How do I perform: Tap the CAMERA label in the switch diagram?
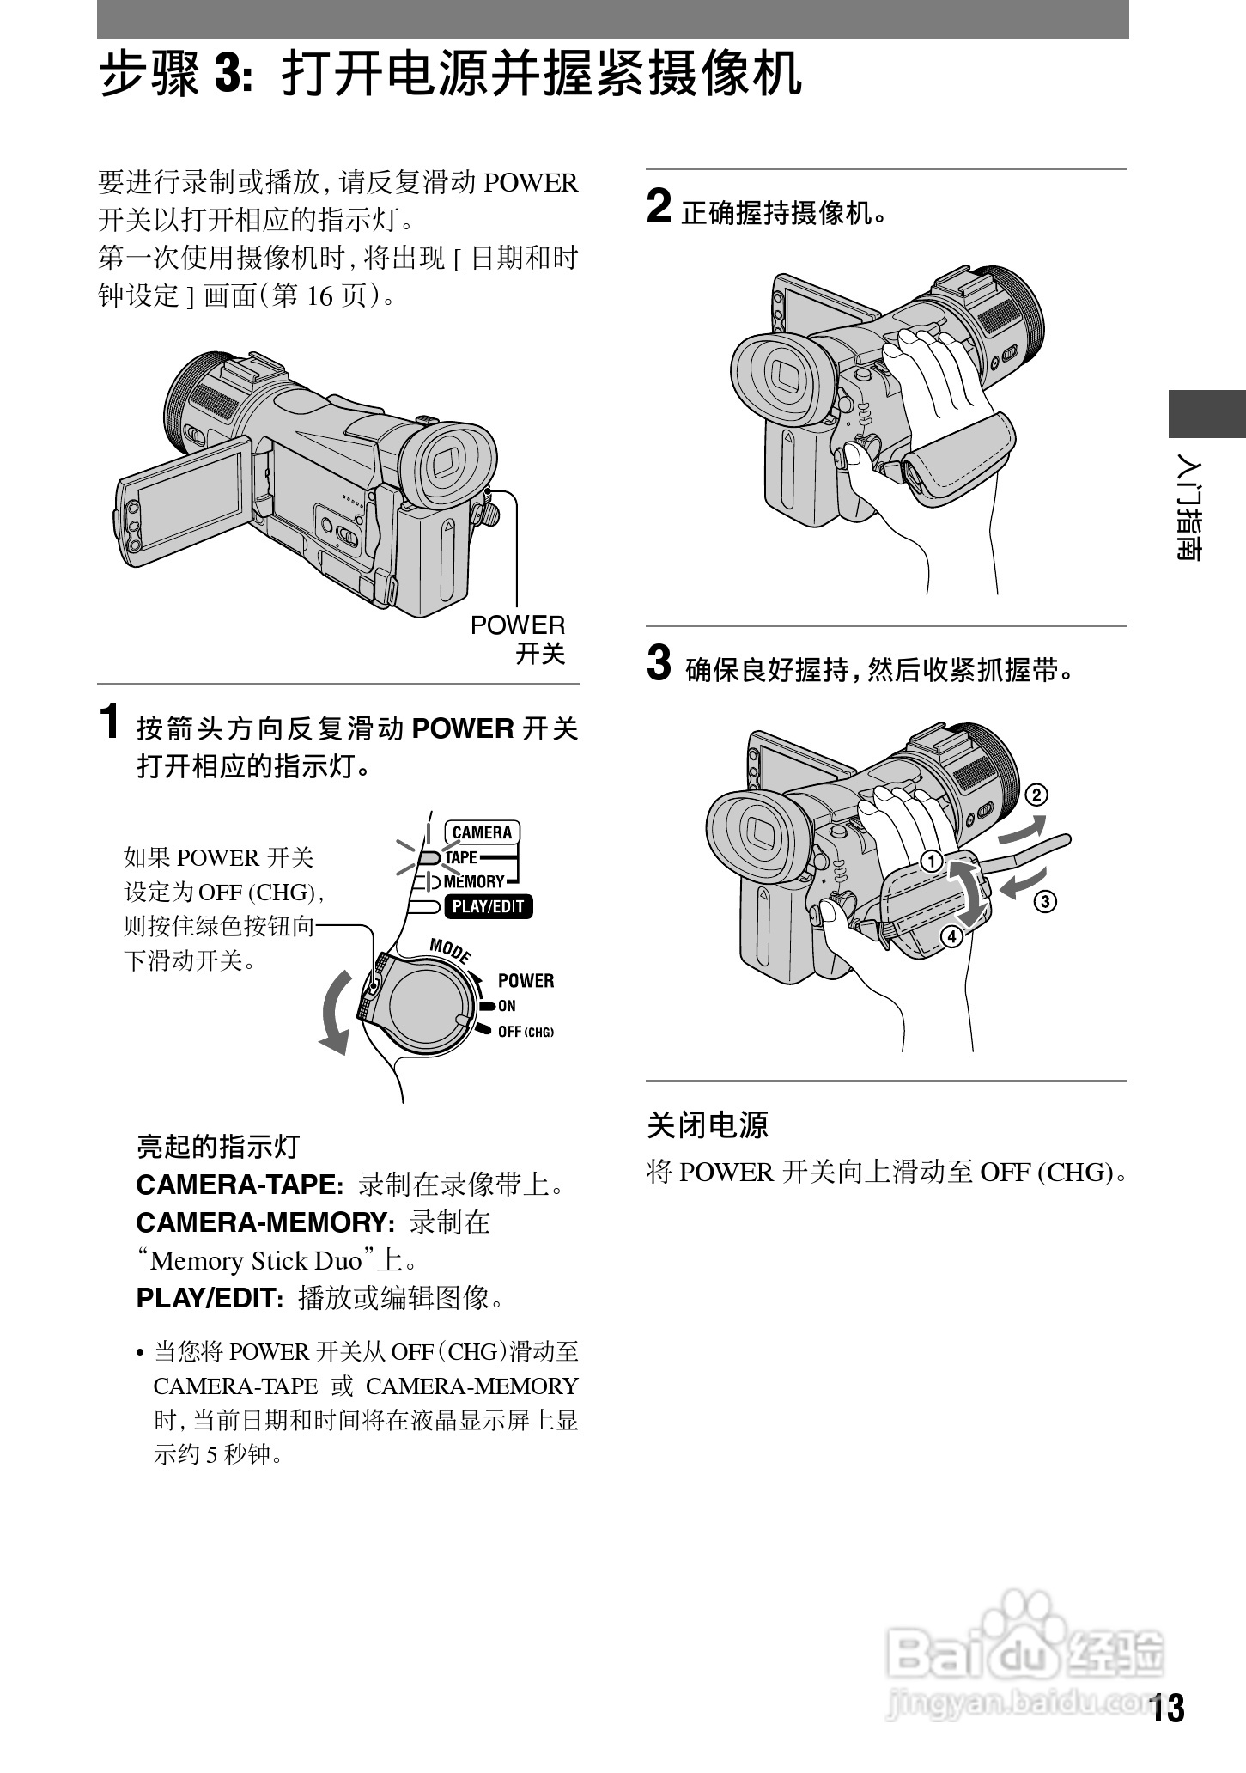(x=482, y=832)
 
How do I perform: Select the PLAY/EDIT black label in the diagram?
(x=488, y=906)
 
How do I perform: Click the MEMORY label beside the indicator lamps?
(x=474, y=881)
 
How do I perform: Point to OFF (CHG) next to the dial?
(x=526, y=1032)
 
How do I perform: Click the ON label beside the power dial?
(x=507, y=1006)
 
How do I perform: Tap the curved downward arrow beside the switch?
(x=337, y=1014)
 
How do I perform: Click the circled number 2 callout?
(x=1037, y=795)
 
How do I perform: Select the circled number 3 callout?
(x=1045, y=901)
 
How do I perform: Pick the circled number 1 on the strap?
(x=930, y=861)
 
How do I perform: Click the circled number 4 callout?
(x=951, y=936)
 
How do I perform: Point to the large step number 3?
(x=659, y=663)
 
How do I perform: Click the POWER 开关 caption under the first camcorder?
(x=518, y=639)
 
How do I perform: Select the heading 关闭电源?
(x=707, y=1124)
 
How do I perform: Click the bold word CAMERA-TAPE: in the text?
(x=240, y=1185)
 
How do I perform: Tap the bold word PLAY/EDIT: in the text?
(x=210, y=1297)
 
